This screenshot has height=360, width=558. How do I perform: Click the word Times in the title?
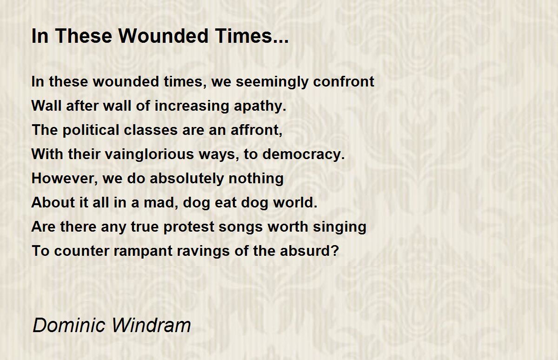coord(252,36)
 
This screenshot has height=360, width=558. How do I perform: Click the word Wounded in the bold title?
coord(163,36)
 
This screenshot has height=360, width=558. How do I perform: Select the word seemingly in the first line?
coord(272,82)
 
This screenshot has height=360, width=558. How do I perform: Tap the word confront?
coord(344,81)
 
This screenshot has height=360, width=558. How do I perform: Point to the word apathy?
coord(260,106)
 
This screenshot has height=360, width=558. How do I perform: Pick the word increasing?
coord(192,106)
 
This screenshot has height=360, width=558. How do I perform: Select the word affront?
coord(256,130)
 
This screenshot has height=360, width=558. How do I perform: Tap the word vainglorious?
coord(149,154)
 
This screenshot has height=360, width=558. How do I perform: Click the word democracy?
coord(304,154)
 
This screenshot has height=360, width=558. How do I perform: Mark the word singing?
coord(339,227)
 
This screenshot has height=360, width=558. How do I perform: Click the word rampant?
coord(143,251)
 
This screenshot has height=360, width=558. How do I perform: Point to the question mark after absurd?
coord(335,250)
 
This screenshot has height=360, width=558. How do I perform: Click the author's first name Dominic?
coord(69,325)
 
